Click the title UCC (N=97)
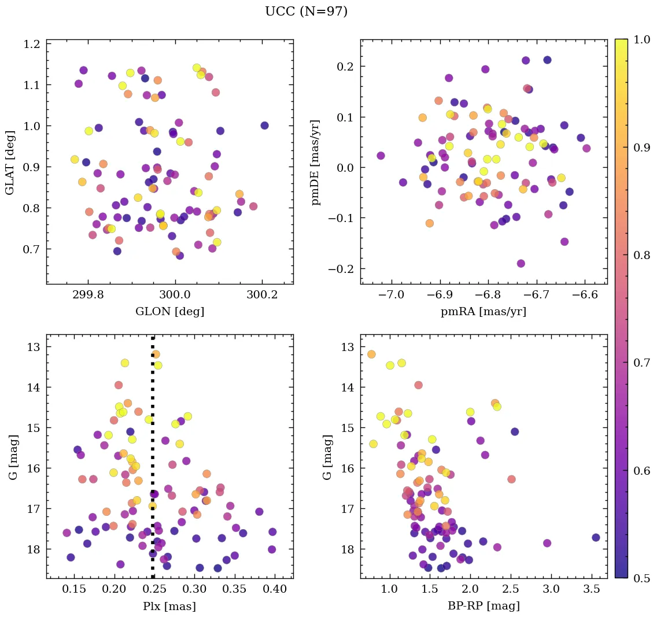(x=306, y=12)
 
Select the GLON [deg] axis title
(x=169, y=312)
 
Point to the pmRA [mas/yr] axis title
(x=483, y=312)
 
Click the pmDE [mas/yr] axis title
(x=316, y=161)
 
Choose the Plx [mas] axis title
(x=169, y=606)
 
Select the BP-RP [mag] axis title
(x=483, y=606)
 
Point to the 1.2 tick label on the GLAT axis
(x=31, y=44)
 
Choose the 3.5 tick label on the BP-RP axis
(x=592, y=589)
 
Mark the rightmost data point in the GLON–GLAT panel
(x=264, y=125)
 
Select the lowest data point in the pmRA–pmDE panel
(x=521, y=264)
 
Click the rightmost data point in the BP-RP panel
(x=596, y=537)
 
